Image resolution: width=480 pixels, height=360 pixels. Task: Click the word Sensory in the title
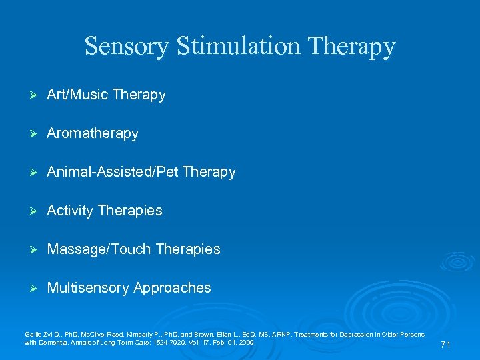pyautogui.click(x=127, y=46)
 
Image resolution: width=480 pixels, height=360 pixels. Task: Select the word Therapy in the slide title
pyautogui.click(x=353, y=46)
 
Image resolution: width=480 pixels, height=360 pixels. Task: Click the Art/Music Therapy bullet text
pyautogui.click(x=106, y=95)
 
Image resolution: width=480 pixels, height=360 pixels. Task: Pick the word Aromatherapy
pyautogui.click(x=93, y=133)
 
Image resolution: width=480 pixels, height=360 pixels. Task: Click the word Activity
pyautogui.click(x=70, y=211)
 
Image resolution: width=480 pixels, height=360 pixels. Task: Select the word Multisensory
pyautogui.click(x=88, y=288)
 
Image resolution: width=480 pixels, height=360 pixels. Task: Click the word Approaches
pyautogui.click(x=172, y=288)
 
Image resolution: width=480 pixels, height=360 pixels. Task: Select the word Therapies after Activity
pyautogui.click(x=130, y=211)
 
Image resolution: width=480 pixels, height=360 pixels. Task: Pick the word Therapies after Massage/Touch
pyautogui.click(x=187, y=249)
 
